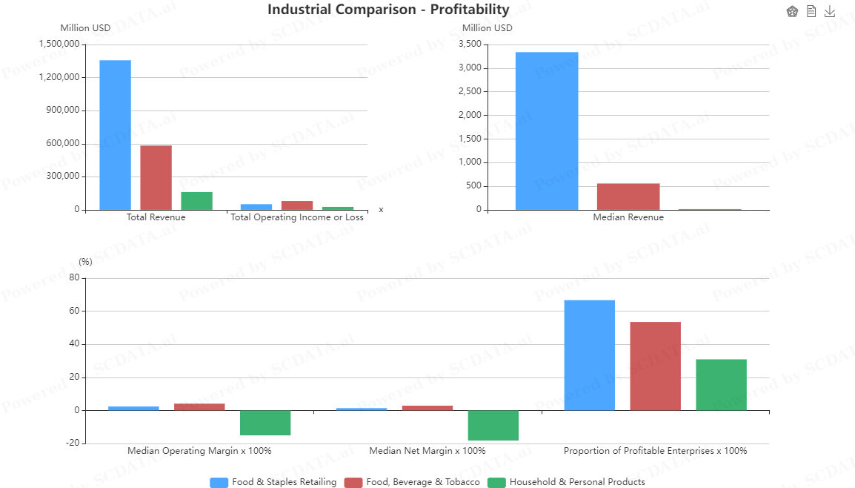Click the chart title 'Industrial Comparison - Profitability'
click(388, 10)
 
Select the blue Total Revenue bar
click(115, 135)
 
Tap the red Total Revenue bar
click(156, 177)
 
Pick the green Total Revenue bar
click(196, 201)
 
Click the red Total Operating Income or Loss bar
click(297, 205)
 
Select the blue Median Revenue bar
click(547, 131)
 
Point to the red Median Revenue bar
click(628, 197)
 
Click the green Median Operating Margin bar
click(265, 423)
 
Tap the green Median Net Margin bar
click(493, 426)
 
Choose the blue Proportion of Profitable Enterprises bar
click(590, 355)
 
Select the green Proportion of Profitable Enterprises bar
click(721, 385)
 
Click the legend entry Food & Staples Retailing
click(273, 482)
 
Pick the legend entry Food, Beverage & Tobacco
click(413, 482)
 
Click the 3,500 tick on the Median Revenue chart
click(470, 44)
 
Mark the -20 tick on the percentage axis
click(73, 444)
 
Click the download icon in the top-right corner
click(830, 11)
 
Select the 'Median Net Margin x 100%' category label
click(427, 451)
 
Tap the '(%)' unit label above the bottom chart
click(86, 262)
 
